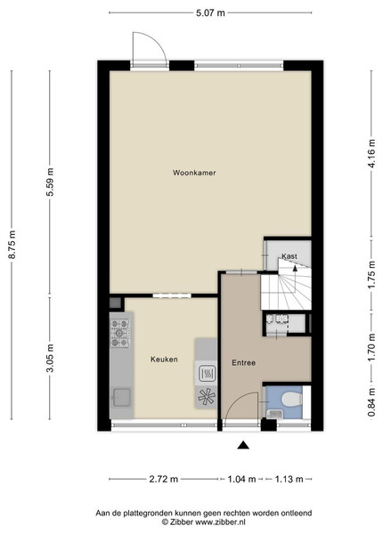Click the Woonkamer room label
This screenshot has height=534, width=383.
click(x=194, y=173)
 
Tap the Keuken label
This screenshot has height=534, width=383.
click(x=164, y=360)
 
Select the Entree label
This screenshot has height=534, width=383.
click(x=244, y=363)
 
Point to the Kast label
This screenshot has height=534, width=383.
click(x=289, y=256)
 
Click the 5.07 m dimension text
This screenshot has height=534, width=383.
click(x=210, y=13)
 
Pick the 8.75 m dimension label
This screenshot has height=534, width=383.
click(x=12, y=245)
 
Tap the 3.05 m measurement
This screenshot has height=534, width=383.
click(x=51, y=358)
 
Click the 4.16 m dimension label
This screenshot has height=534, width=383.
click(x=372, y=153)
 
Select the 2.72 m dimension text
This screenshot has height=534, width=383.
click(x=164, y=479)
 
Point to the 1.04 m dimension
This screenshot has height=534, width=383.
click(x=241, y=479)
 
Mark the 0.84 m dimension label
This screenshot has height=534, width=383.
click(x=372, y=402)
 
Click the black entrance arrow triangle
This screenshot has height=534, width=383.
click(x=243, y=445)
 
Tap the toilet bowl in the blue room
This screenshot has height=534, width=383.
click(x=291, y=399)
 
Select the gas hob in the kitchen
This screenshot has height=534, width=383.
click(x=119, y=333)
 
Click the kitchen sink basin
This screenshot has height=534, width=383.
click(x=122, y=397)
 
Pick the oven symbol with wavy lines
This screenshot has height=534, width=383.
click(x=206, y=373)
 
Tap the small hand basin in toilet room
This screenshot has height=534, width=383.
click(x=274, y=414)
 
